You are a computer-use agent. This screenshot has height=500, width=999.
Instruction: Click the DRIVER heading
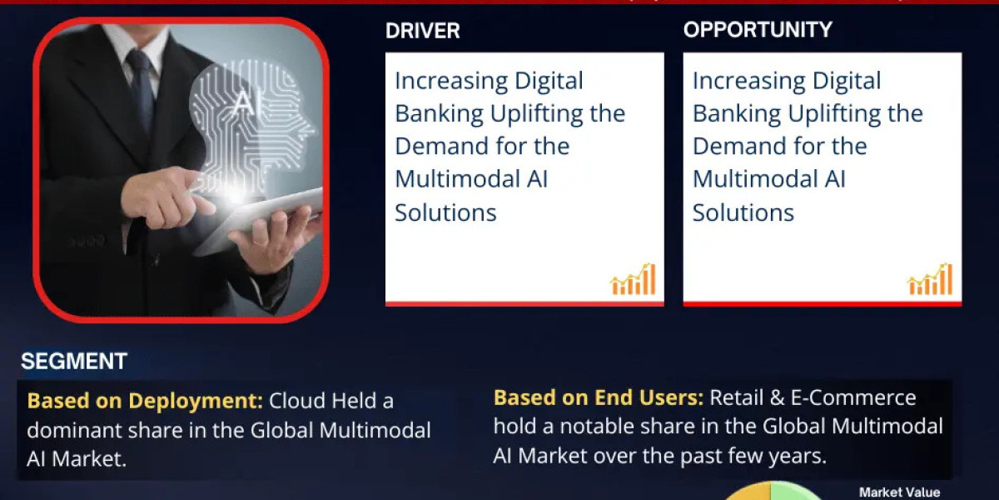422,32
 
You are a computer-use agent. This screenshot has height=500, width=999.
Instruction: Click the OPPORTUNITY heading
758,30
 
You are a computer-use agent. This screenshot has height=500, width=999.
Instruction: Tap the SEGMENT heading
74,361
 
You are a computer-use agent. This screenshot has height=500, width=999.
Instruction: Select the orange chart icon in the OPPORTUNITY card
930,280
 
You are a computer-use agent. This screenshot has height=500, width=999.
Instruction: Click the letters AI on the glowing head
241,102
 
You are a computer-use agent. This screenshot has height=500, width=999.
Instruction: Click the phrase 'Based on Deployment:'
145,401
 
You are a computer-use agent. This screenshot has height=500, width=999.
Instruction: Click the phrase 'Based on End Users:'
599,397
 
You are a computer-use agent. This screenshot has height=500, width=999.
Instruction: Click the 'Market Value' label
899,492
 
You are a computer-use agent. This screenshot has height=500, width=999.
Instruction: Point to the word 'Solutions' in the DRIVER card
445,212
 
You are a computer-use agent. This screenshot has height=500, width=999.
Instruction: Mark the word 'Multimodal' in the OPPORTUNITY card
758,179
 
